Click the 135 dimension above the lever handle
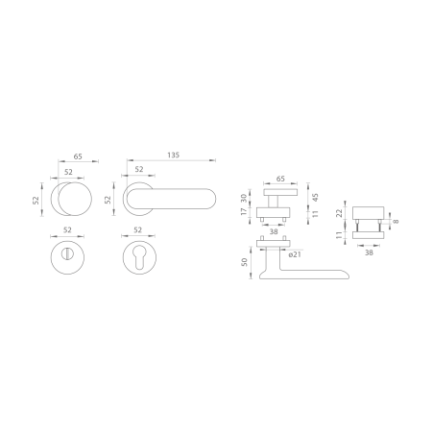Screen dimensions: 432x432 click(x=174, y=156)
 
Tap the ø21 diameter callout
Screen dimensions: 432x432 click(x=295, y=254)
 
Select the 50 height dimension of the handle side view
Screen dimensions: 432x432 click(x=245, y=262)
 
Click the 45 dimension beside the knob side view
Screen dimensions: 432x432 click(x=316, y=198)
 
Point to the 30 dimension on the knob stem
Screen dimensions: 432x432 click(x=244, y=198)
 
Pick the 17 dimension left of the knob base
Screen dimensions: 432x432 click(x=244, y=211)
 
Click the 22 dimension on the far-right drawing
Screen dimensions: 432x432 click(x=340, y=213)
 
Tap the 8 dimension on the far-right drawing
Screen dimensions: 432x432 click(x=396, y=222)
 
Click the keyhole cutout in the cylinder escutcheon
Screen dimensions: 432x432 click(x=139, y=257)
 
